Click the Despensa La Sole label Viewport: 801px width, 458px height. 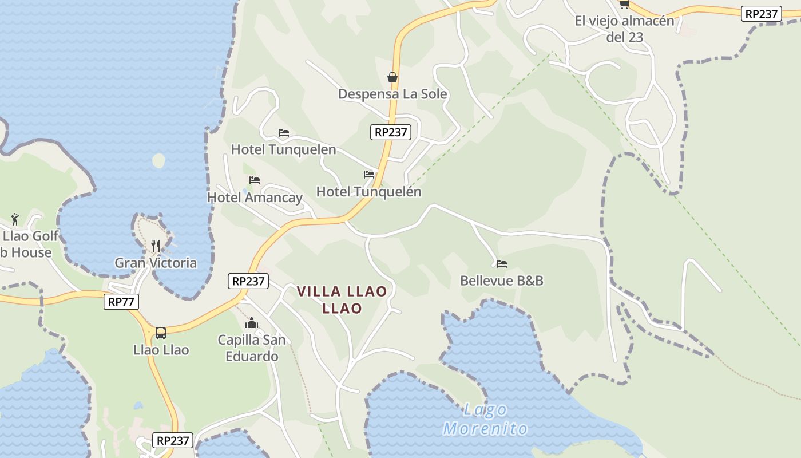(392, 94)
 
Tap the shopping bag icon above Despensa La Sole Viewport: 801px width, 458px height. (392, 77)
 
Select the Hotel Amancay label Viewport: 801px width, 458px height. (255, 198)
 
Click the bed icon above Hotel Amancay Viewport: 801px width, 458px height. (255, 180)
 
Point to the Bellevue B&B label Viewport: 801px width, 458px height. (502, 281)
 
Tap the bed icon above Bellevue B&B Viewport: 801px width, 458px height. (502, 264)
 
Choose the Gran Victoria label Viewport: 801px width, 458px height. (156, 263)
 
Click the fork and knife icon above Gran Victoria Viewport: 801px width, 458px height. (156, 246)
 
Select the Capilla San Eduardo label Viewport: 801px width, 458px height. (252, 348)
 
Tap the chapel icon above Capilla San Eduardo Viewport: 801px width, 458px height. (252, 323)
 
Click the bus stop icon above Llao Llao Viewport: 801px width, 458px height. (161, 333)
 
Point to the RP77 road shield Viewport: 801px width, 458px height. (121, 302)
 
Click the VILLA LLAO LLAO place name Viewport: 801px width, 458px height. (342, 299)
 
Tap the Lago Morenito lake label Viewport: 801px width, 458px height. (485, 419)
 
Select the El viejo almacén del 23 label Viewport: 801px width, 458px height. (624, 29)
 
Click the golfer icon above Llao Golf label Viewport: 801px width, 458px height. (15, 219)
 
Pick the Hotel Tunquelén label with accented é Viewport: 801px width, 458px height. (368, 192)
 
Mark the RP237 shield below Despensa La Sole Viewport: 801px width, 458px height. (391, 132)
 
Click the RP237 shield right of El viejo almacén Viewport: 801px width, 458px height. (761, 14)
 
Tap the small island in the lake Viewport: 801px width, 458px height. (158, 160)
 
